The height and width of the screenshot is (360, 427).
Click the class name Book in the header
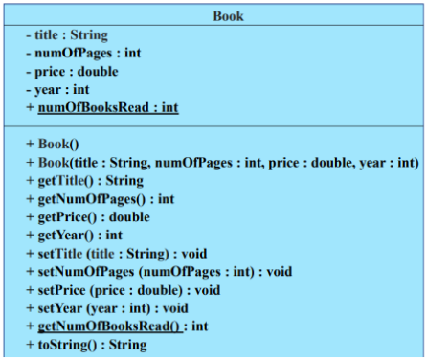pos(228,16)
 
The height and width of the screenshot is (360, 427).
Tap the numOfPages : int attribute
pos(83,54)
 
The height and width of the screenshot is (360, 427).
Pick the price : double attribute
pos(74,72)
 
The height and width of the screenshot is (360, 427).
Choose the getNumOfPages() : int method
pos(101,198)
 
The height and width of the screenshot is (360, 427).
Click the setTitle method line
pos(116,254)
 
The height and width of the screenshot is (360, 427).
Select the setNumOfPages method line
pos(159,271)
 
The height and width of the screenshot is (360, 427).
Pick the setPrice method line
pos(124,289)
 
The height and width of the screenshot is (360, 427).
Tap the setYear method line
pos(106,307)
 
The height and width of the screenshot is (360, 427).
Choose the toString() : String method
pos(86,344)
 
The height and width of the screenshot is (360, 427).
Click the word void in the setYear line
pos(173,307)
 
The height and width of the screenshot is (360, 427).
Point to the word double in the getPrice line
pos(128,216)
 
